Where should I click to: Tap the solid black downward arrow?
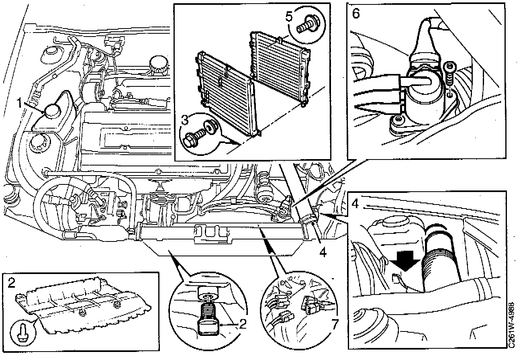[x=404, y=265]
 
